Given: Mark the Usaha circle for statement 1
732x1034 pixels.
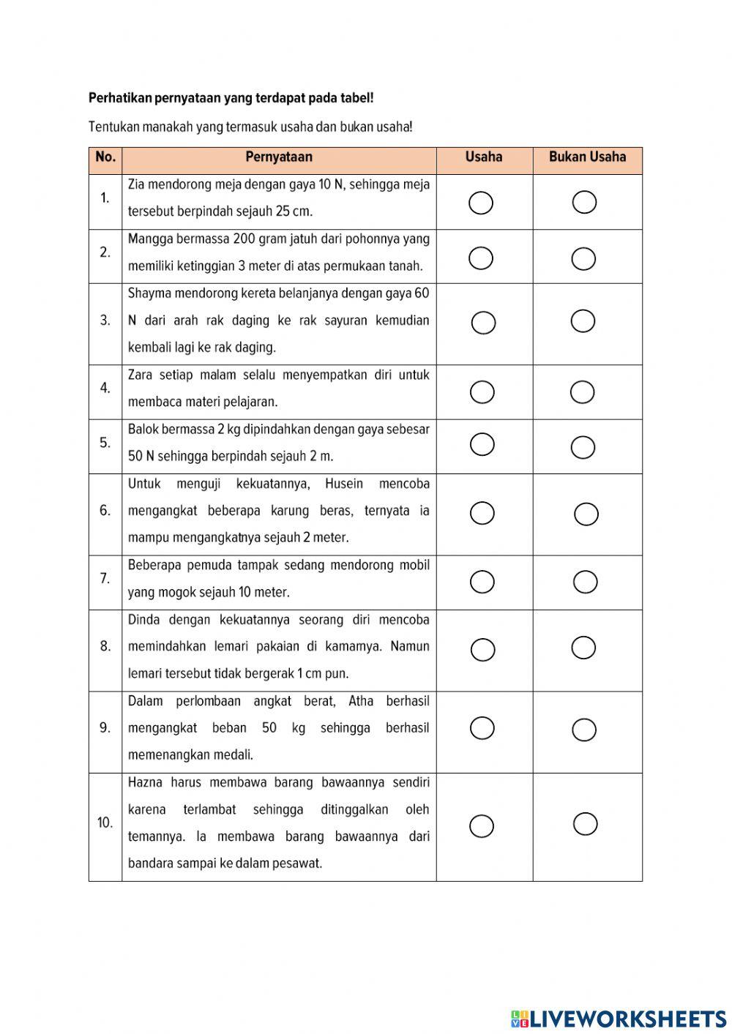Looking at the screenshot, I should pyautogui.click(x=481, y=203).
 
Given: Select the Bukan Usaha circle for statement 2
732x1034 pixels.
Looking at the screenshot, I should pyautogui.click(x=583, y=258).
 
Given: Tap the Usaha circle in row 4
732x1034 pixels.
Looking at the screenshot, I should pyautogui.click(x=482, y=392).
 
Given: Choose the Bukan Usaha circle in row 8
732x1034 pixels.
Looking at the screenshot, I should pyautogui.click(x=583, y=648).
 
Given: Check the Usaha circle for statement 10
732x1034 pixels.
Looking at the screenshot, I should pyautogui.click(x=482, y=825).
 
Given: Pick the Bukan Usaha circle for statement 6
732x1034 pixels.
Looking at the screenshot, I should pyautogui.click(x=586, y=514).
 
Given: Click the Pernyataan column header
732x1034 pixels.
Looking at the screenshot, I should pyautogui.click(x=279, y=157).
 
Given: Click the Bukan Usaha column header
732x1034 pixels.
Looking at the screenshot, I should pyautogui.click(x=587, y=157).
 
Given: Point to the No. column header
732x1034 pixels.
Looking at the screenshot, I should pyautogui.click(x=105, y=157).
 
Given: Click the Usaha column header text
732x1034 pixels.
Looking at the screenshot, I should pyautogui.click(x=484, y=157).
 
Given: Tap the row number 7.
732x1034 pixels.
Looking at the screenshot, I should pyautogui.click(x=105, y=579).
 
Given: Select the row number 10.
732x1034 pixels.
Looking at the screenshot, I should pyautogui.click(x=105, y=823).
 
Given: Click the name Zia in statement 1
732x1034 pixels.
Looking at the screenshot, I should pyautogui.click(x=136, y=184).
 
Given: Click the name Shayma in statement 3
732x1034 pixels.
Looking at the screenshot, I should pyautogui.click(x=149, y=293).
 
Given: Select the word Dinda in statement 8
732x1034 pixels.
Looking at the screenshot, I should pyautogui.click(x=143, y=620).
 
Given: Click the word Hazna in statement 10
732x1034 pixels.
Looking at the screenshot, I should pyautogui.click(x=145, y=782).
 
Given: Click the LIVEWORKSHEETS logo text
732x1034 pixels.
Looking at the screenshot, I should pyautogui.click(x=627, y=1018).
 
